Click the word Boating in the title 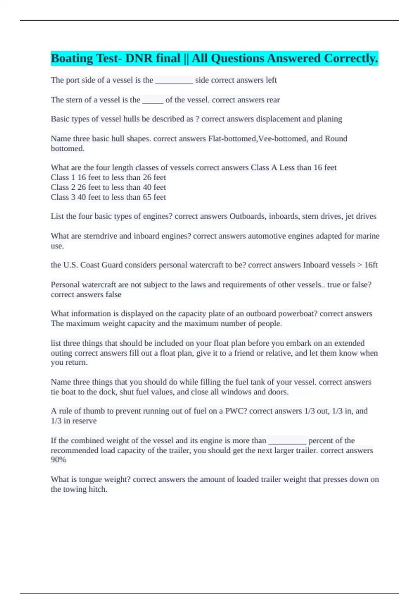coord(72,58)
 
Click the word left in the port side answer coord(271,80)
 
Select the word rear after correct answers coord(273,100)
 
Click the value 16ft coord(371,265)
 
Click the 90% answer coord(58,460)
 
